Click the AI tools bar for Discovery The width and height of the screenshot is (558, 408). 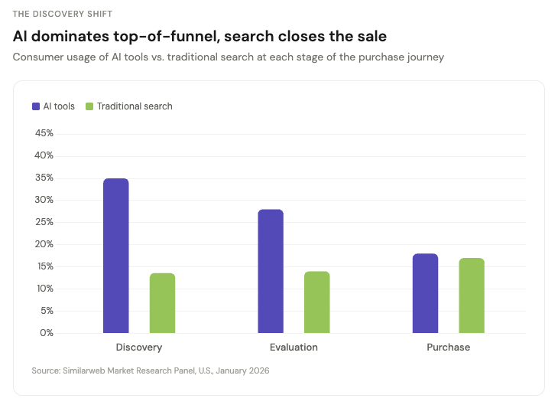coord(116,256)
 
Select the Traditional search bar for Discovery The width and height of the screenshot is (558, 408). coord(162,303)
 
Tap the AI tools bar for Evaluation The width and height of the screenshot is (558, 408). coord(271,271)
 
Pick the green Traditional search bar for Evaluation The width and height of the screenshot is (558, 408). coord(316,302)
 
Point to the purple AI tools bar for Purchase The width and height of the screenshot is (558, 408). coord(425,293)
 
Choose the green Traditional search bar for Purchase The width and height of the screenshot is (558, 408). coord(472,295)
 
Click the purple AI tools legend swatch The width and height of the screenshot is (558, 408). coord(36,106)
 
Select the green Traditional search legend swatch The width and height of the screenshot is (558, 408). coord(89,106)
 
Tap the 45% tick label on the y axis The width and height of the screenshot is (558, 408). coord(44,133)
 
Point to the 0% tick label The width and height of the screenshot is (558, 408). coord(47,333)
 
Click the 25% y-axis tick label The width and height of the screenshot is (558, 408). coord(44,222)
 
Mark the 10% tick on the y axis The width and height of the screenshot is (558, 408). coord(44,289)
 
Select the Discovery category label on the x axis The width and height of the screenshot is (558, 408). coord(139,348)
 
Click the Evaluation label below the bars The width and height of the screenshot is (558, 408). coord(294,348)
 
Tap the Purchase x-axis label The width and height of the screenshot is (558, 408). coord(448,348)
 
